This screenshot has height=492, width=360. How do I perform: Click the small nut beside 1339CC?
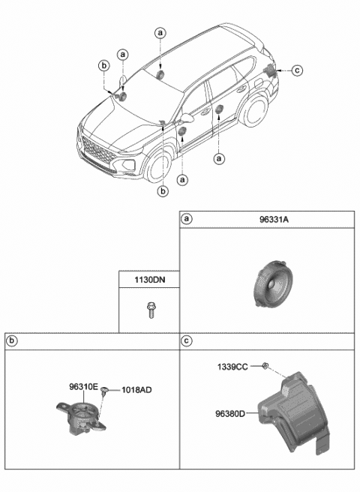point(265,366)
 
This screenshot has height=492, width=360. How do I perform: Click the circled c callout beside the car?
point(296,70)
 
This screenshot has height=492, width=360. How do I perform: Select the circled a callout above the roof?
point(160,33)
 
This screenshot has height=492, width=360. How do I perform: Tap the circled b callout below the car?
point(163,191)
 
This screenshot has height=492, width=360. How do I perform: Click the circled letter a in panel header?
point(187,219)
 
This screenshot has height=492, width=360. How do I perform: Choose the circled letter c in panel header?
point(187,341)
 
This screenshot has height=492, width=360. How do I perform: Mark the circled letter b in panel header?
point(11,341)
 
